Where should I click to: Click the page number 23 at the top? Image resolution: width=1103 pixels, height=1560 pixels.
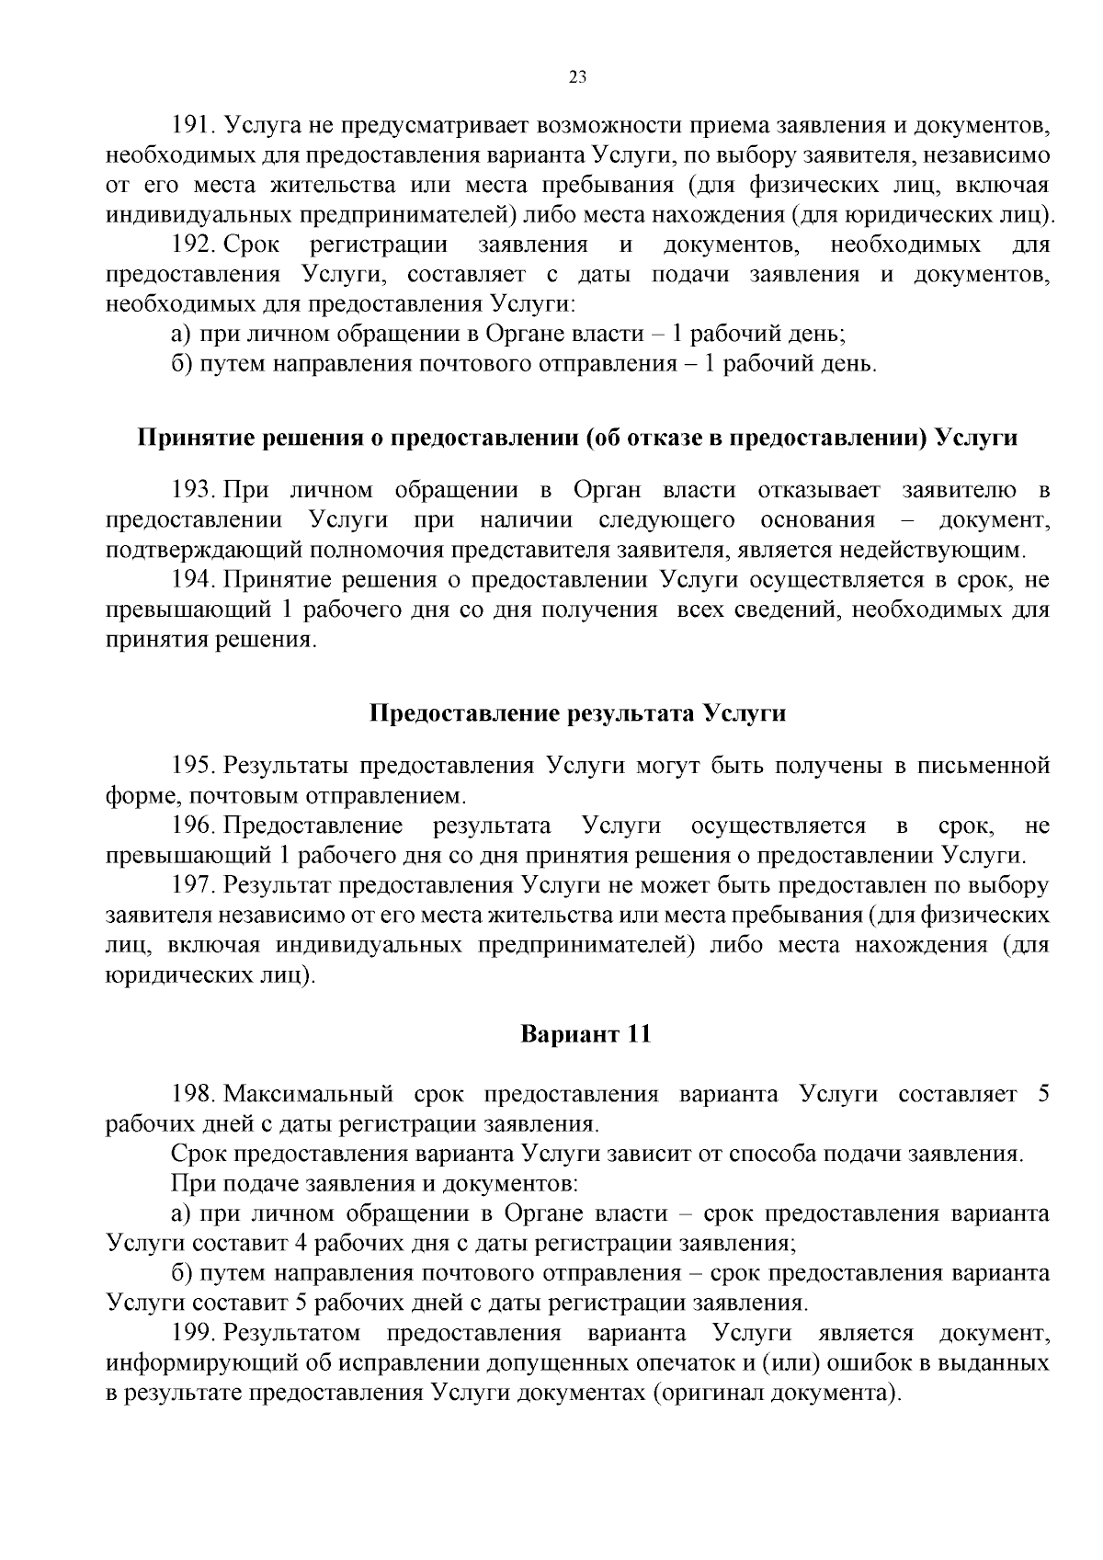(x=577, y=77)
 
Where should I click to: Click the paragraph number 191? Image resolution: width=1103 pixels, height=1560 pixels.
(x=192, y=125)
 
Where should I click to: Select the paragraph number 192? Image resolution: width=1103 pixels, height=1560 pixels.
(x=192, y=245)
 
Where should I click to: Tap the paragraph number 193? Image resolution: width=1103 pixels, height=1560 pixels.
(x=192, y=490)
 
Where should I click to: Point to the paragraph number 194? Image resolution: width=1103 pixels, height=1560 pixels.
(x=192, y=579)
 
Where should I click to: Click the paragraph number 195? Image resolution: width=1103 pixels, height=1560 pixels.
(x=192, y=765)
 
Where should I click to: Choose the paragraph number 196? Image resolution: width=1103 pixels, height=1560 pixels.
(x=192, y=826)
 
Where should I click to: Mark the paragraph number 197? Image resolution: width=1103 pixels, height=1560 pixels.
(x=192, y=885)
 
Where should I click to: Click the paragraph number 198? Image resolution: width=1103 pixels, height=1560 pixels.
(x=192, y=1094)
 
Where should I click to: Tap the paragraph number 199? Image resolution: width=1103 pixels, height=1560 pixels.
(x=192, y=1333)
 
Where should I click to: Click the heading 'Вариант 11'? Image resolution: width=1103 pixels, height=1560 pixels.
(x=586, y=1033)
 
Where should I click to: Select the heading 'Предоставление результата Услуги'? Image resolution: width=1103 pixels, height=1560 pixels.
(x=577, y=713)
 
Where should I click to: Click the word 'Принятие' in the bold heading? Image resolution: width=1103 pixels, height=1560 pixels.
(x=189, y=438)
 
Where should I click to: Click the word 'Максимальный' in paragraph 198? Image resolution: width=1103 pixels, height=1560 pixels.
(x=309, y=1094)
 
